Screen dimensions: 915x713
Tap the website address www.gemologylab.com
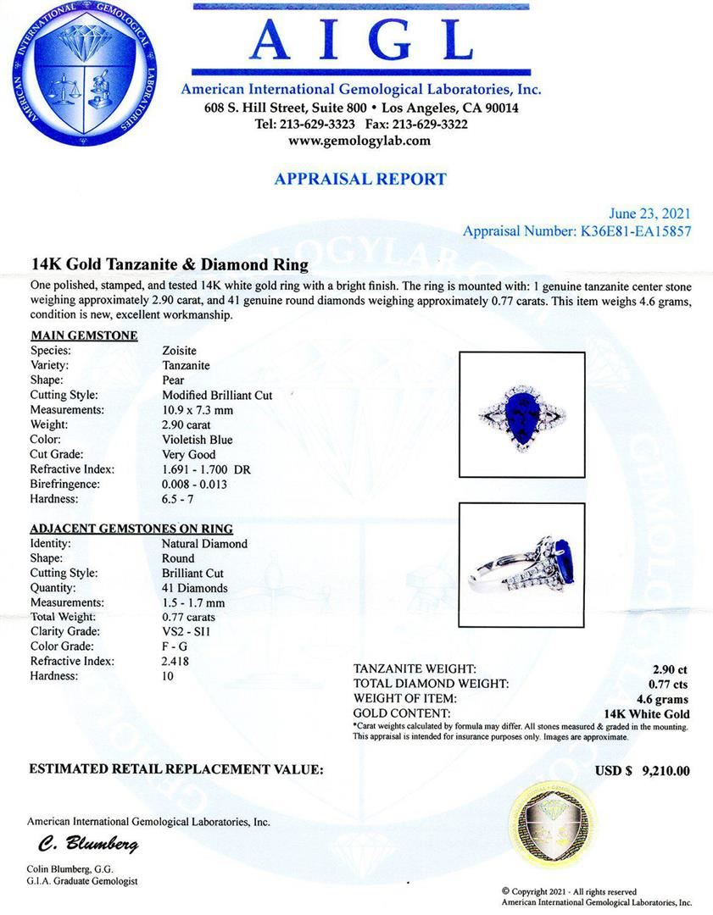coord(360,141)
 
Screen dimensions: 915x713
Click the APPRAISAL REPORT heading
coord(360,179)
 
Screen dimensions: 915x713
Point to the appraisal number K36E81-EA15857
coord(629,230)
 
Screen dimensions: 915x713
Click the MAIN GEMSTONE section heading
coord(84,335)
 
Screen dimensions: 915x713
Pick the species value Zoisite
coord(181,351)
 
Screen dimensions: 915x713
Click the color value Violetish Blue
coord(198,440)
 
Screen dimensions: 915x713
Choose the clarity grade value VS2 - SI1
coord(192,631)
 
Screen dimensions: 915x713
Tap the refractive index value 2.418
coord(177,661)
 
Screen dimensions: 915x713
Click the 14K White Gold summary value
coord(646,714)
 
